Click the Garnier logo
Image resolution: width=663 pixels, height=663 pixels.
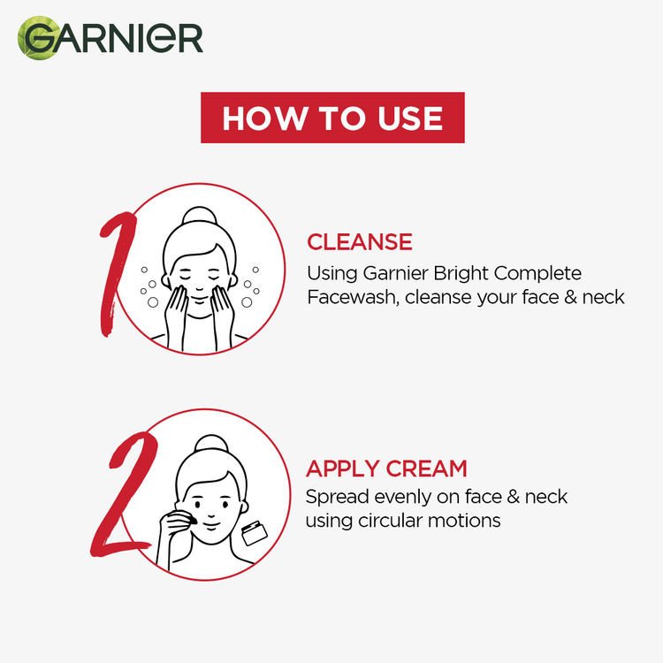tap(110, 37)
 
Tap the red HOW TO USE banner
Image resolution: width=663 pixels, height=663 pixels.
tap(331, 118)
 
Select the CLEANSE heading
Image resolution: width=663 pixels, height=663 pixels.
tap(359, 242)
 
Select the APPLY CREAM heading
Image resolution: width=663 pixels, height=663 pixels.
tap(386, 468)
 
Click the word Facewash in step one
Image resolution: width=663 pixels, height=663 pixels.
tap(351, 297)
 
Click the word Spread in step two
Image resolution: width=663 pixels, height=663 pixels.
tap(334, 496)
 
